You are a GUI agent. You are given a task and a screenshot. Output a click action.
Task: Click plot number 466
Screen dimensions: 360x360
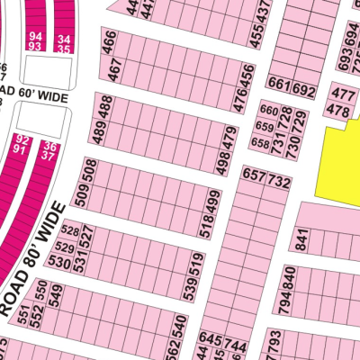[x=110, y=41]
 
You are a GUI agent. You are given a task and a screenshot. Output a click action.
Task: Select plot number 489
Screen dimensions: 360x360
[x=96, y=133]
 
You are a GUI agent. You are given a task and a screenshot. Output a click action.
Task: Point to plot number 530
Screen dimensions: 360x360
[x=60, y=262]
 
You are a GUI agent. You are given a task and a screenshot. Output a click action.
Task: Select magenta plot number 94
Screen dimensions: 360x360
[x=35, y=33]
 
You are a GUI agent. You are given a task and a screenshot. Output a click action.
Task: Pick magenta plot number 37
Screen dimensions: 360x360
[x=49, y=156]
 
